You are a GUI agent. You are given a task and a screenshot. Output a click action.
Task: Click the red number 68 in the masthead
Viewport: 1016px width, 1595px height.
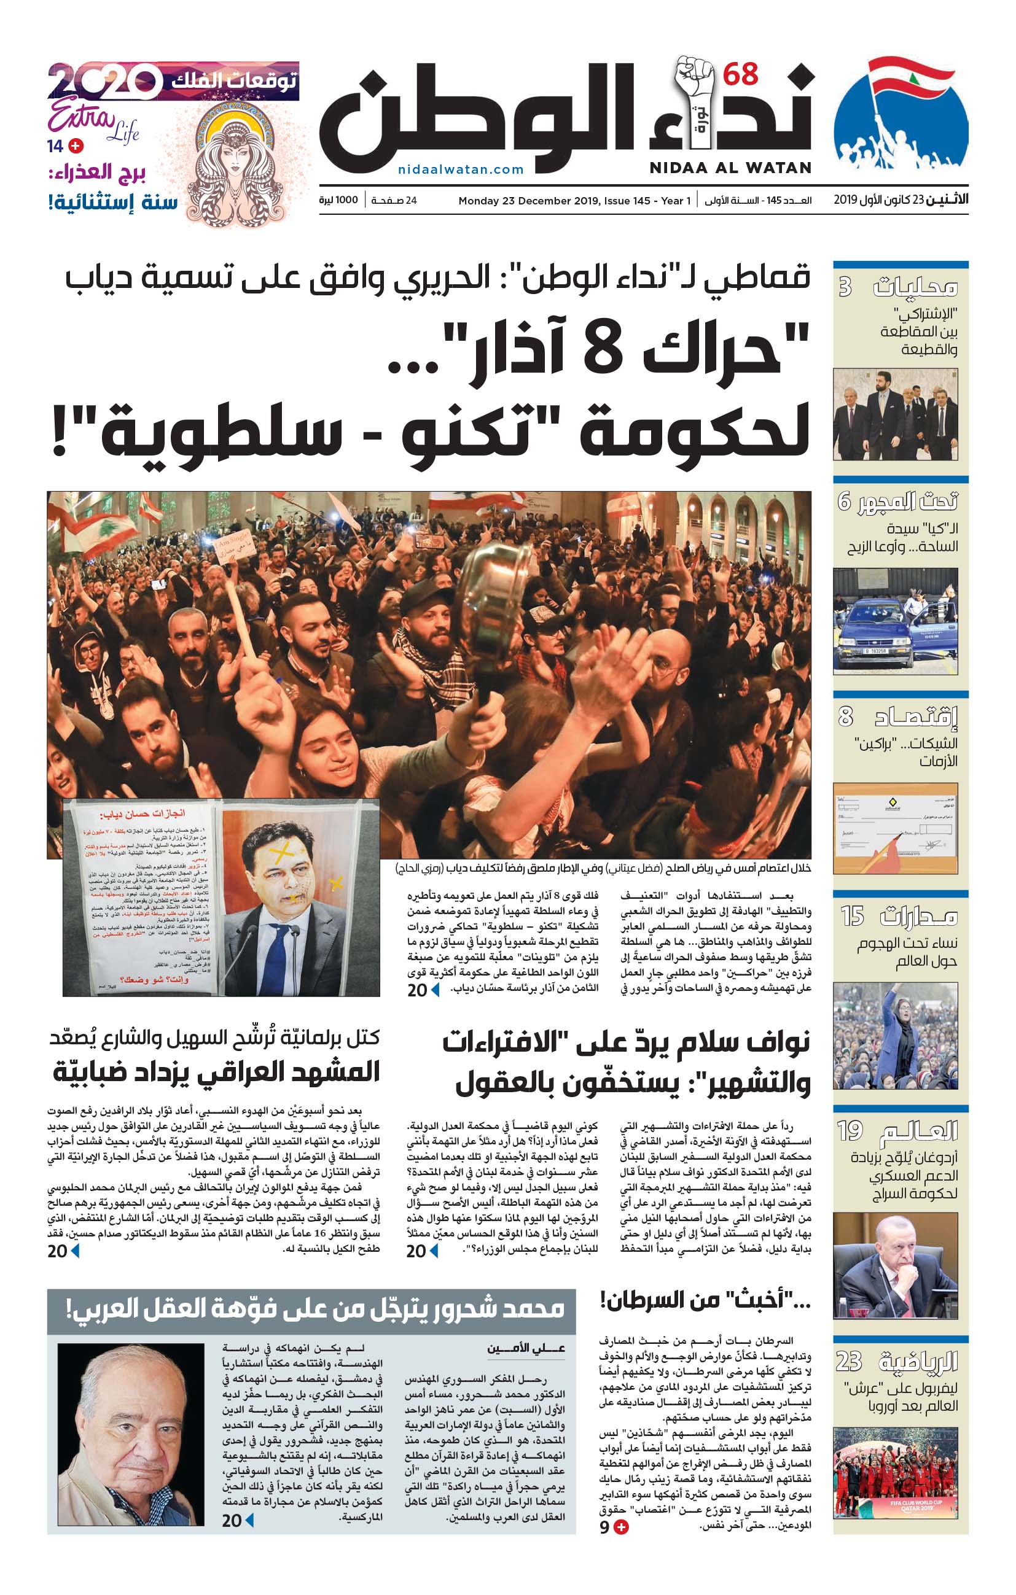pyautogui.click(x=740, y=74)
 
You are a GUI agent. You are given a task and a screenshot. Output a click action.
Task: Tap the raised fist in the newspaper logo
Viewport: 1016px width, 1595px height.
pyautogui.click(x=695, y=83)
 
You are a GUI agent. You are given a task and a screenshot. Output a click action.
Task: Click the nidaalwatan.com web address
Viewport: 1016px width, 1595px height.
pyautogui.click(x=461, y=169)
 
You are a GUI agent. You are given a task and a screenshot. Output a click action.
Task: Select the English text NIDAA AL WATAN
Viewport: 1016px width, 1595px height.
pyautogui.click(x=730, y=168)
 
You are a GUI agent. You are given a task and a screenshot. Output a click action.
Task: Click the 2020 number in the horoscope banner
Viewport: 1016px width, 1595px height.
pyautogui.click(x=104, y=82)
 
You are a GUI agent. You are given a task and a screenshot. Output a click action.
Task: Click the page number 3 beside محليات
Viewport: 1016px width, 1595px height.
pyautogui.click(x=845, y=287)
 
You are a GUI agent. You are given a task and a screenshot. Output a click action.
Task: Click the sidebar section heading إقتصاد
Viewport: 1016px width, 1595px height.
pyautogui.click(x=916, y=716)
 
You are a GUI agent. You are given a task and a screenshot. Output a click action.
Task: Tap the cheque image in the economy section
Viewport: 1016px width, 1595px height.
pyautogui.click(x=895, y=829)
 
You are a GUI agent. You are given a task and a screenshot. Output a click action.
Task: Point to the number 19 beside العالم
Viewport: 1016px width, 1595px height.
pyautogui.click(x=849, y=1131)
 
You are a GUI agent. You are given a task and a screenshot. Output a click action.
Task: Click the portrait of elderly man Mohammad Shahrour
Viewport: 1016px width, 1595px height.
pyautogui.click(x=131, y=1434)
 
